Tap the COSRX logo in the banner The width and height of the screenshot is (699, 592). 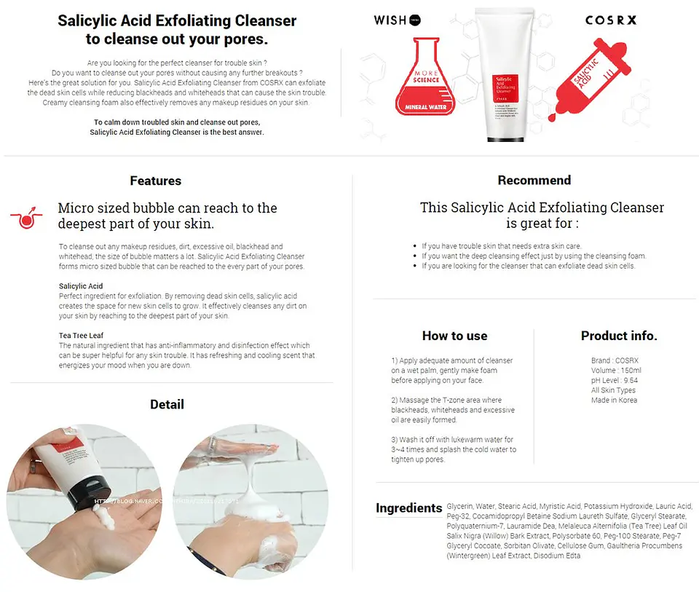610,20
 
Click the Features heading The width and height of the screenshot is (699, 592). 155,181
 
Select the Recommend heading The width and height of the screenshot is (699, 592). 534,180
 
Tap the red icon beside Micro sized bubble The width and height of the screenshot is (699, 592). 26,217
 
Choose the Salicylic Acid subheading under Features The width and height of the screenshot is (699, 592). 81,286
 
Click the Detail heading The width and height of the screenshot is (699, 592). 167,404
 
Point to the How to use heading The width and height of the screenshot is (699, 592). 454,336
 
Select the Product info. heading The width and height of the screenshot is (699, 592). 619,336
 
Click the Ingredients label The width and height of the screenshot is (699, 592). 408,508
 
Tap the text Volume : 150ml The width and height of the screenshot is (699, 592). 616,370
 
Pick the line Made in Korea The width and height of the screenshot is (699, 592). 614,400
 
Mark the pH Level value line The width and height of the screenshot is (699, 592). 615,380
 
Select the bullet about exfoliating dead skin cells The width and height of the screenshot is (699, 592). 528,266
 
